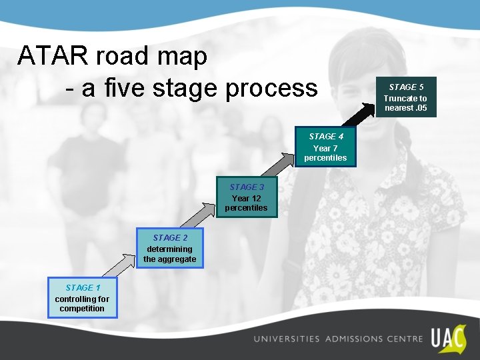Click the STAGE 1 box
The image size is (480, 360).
(82, 297)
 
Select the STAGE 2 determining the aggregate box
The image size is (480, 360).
(170, 248)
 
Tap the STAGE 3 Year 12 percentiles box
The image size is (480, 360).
(246, 197)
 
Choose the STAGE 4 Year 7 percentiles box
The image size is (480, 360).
(325, 147)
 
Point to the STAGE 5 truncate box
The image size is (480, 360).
(405, 97)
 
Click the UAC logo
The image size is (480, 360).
(447, 339)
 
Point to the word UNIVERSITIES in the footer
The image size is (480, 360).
(286, 339)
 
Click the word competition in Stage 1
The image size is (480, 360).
(82, 309)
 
